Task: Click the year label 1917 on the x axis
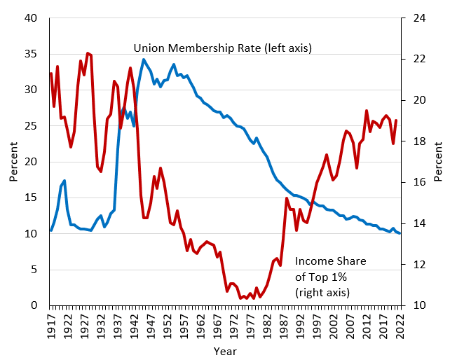pyautogui.click(x=51, y=326)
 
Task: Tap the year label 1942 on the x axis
pyautogui.click(x=135, y=326)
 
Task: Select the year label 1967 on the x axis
pyautogui.click(x=217, y=326)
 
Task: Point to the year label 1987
pyautogui.click(x=284, y=326)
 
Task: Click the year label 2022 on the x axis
pyautogui.click(x=400, y=326)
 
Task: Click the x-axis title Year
pyautogui.click(x=225, y=351)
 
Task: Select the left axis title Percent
pyautogui.click(x=13, y=162)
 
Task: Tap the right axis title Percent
pyautogui.click(x=438, y=162)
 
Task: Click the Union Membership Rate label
pyautogui.click(x=223, y=48)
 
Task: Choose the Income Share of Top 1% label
pyautogui.click(x=331, y=277)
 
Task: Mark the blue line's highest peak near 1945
pyautogui.click(x=144, y=60)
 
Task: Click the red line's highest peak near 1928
pyautogui.click(x=88, y=53)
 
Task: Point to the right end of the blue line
pyautogui.click(x=400, y=233)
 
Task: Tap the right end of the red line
pyautogui.click(x=397, y=120)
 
